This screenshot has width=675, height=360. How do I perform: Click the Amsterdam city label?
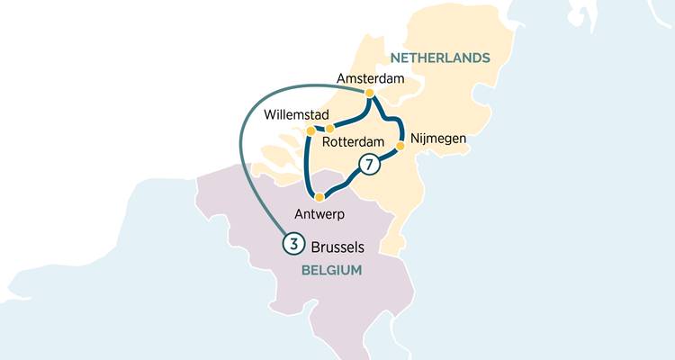[371, 79]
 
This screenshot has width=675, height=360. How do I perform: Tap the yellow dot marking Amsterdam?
[369, 93]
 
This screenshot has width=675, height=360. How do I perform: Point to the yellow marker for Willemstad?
[310, 131]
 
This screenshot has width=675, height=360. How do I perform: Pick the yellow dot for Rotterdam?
[330, 129]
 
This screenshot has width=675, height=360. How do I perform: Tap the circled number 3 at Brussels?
[292, 243]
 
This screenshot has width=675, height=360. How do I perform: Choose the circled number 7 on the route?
[367, 164]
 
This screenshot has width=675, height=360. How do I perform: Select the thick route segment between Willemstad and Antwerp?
[307, 166]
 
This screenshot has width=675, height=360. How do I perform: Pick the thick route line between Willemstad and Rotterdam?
[320, 128]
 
